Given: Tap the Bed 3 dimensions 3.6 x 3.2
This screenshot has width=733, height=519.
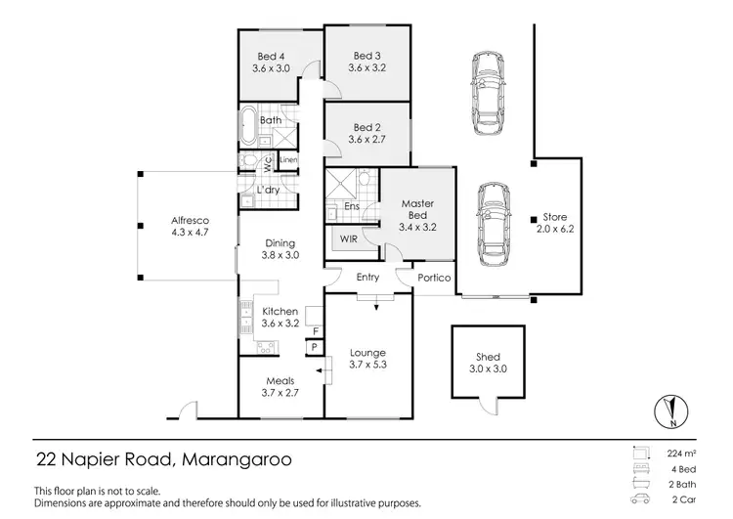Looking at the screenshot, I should pyautogui.click(x=367, y=69).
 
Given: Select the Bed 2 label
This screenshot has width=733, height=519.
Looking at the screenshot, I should pyautogui.click(x=366, y=127).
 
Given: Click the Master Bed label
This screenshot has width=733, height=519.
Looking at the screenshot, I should pyautogui.click(x=417, y=209).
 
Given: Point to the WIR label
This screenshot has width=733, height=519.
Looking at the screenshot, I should pyautogui.click(x=349, y=238).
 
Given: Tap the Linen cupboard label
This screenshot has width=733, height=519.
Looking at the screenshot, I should pyautogui.click(x=289, y=160).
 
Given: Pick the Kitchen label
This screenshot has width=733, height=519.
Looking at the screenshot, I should pyautogui.click(x=280, y=311).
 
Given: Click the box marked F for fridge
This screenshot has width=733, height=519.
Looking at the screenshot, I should pyautogui.click(x=315, y=331).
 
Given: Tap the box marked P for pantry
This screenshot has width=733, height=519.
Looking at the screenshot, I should pyautogui.click(x=315, y=348).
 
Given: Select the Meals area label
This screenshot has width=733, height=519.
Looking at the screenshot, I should pyautogui.click(x=280, y=381).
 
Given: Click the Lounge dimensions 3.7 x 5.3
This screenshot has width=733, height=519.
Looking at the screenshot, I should pyautogui.click(x=367, y=366).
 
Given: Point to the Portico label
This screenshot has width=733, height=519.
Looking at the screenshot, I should pyautogui.click(x=434, y=279).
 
